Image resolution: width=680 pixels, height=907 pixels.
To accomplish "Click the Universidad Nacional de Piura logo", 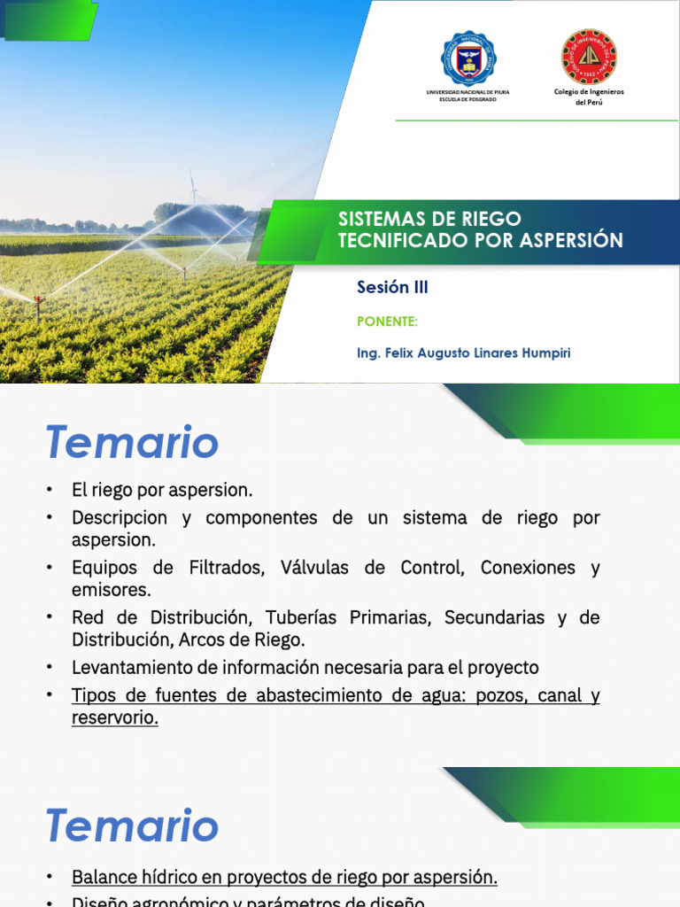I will click(467, 58).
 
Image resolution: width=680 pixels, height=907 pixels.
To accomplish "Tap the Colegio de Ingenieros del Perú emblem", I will click(589, 57).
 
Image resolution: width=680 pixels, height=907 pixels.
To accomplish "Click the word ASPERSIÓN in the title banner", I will click(572, 240).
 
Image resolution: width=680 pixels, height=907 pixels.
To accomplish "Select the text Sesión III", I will click(392, 287).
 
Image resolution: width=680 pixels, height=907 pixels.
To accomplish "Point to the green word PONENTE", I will click(387, 322).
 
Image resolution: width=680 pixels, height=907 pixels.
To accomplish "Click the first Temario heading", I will click(132, 442).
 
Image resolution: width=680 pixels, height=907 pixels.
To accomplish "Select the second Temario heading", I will click(132, 826).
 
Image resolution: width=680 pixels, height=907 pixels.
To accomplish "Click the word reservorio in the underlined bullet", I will click(114, 717).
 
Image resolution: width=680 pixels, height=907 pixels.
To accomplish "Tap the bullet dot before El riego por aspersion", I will click(51, 490).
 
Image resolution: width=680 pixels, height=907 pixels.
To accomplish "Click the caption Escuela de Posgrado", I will click(467, 99).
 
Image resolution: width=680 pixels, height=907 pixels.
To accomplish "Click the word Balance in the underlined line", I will click(102, 877).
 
